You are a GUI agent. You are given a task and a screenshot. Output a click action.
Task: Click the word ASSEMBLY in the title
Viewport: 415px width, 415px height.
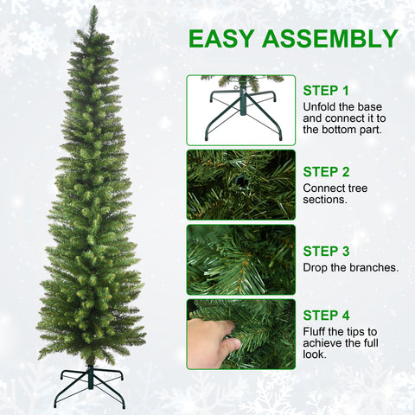331,39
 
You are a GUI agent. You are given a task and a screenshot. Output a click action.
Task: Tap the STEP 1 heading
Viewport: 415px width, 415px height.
326,90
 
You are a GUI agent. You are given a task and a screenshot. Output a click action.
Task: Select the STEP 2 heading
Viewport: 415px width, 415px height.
326,171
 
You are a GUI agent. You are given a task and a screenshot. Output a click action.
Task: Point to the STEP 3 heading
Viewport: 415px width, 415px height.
326,252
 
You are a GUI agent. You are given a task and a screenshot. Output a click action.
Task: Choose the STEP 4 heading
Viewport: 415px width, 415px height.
326,315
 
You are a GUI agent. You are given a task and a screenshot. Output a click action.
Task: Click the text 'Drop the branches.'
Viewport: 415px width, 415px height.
350,268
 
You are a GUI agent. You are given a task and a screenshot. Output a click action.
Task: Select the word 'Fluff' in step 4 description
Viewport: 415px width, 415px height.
316,331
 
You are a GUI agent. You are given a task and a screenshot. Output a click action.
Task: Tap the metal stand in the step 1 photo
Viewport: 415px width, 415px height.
240,112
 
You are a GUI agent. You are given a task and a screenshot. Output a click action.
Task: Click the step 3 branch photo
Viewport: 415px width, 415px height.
240,259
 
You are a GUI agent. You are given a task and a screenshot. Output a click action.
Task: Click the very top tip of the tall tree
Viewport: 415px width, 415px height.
93,8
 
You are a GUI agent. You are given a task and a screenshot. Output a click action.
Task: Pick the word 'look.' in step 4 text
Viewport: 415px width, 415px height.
316,354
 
